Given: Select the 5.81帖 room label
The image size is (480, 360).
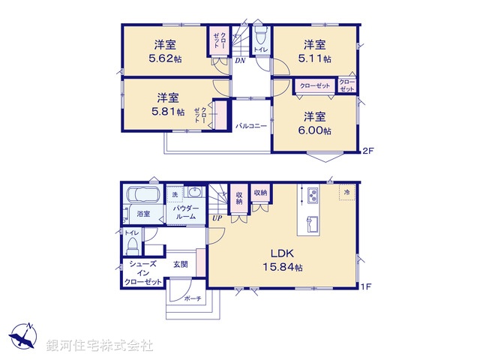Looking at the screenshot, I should (167, 105).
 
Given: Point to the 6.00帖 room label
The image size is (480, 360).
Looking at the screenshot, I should (317, 124).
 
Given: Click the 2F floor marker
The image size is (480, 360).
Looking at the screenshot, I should (367, 151).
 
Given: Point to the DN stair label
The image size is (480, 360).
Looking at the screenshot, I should (240, 61).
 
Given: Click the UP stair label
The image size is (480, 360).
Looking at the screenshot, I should (217, 218).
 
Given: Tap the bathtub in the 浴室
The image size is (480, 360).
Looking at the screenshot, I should (142, 196).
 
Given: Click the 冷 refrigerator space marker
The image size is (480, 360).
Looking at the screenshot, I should (346, 192).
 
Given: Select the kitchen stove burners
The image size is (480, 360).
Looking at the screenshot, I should (312, 196).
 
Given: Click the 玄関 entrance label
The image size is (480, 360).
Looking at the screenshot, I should (181, 264).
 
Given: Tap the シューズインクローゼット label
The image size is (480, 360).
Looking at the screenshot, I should (143, 273).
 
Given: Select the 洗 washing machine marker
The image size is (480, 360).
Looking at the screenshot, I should (174, 195).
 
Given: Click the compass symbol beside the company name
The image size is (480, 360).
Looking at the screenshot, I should (22, 334).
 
